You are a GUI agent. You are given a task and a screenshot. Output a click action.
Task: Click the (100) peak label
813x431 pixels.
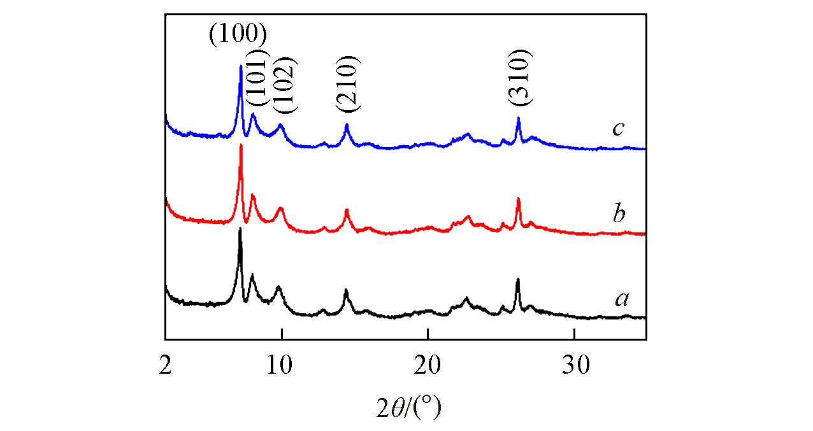click(x=237, y=34)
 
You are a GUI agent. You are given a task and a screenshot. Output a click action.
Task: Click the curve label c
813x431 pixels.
click(x=617, y=129)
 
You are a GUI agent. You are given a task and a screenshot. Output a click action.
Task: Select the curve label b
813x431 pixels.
click(x=618, y=214)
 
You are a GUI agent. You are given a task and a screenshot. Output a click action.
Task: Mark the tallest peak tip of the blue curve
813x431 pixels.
click(x=240, y=66)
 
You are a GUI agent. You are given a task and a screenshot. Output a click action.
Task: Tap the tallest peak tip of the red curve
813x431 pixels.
click(x=241, y=145)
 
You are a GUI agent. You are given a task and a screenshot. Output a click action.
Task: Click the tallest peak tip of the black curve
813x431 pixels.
click(x=240, y=229)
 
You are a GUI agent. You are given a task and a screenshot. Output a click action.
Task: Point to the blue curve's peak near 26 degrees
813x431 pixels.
click(x=519, y=118)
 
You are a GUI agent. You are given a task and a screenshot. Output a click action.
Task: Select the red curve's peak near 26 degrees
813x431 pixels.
click(x=518, y=199)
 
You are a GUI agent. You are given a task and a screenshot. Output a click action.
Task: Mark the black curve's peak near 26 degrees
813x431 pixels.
click(x=517, y=279)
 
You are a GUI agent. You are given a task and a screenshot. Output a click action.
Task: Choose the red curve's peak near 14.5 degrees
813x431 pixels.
click(x=347, y=209)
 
